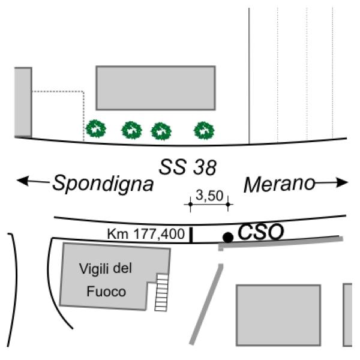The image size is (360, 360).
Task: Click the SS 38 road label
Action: (x=188, y=167)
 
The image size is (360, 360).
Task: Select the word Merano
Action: (x=279, y=184)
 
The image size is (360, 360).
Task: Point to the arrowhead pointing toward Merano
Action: (x=342, y=182)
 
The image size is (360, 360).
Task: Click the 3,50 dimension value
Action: (x=209, y=196)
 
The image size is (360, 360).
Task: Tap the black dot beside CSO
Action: (x=228, y=237)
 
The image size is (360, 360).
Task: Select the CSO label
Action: (x=261, y=232)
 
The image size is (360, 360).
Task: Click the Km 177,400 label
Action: (x=146, y=234)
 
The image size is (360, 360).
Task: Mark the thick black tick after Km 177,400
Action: (x=191, y=235)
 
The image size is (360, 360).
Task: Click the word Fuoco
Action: (x=106, y=292)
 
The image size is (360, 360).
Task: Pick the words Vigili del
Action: (x=106, y=268)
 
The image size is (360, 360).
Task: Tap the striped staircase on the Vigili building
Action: (x=161, y=292)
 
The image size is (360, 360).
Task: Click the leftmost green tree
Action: (x=96, y=129)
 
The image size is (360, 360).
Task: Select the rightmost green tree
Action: (x=204, y=130)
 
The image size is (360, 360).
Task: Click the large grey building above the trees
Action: (x=155, y=88)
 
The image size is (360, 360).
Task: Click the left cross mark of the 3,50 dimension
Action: (x=190, y=204)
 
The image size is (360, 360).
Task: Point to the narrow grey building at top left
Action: (x=23, y=102)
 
